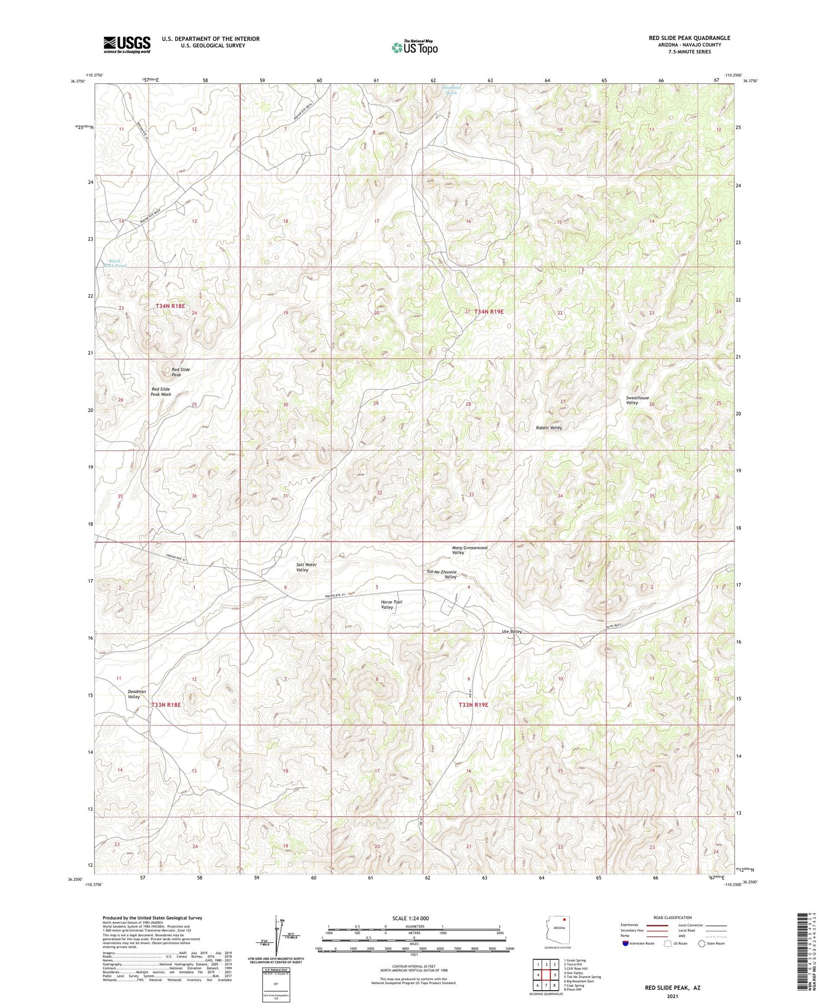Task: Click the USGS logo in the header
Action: (x=127, y=44)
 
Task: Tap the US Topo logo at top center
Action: (x=414, y=47)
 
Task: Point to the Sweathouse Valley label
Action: (x=637, y=400)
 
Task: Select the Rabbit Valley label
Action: (x=548, y=428)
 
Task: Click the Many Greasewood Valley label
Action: (x=469, y=550)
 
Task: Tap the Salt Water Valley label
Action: (x=306, y=567)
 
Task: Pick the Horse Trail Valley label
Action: (x=391, y=604)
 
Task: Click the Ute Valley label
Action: (x=512, y=632)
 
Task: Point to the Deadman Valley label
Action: (x=137, y=694)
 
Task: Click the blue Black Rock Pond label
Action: (x=115, y=263)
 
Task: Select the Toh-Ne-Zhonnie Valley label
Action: (x=441, y=574)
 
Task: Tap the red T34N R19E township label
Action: (x=489, y=312)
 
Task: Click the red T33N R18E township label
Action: (x=166, y=704)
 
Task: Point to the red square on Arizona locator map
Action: (x=564, y=926)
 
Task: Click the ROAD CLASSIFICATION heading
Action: (x=673, y=917)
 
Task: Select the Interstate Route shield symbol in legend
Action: (x=625, y=944)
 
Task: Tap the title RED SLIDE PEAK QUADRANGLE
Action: (x=689, y=38)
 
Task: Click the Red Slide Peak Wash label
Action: (x=161, y=391)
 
